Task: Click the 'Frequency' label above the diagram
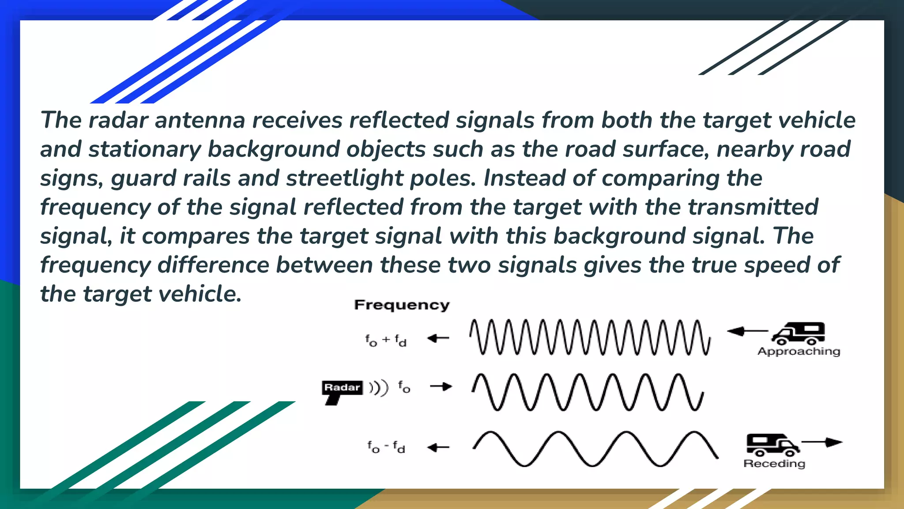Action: (x=402, y=305)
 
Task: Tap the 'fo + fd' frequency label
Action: (x=386, y=340)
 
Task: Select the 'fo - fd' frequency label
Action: (x=386, y=447)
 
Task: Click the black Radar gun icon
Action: (x=342, y=391)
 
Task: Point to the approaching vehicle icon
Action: (x=798, y=333)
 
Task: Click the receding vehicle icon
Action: (x=772, y=444)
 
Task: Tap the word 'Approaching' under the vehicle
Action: (x=799, y=352)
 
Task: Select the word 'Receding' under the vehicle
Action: (x=774, y=463)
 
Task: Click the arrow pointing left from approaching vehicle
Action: (x=747, y=331)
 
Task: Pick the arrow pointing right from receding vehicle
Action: (x=822, y=442)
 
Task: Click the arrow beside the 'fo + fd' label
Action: (x=438, y=338)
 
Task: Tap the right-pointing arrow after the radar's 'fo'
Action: (x=441, y=387)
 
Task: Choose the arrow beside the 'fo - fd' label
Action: (x=438, y=448)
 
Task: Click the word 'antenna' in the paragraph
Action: (x=200, y=120)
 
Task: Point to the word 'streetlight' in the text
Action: (x=344, y=178)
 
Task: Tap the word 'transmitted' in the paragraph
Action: (x=753, y=207)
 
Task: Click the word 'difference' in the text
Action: (x=213, y=265)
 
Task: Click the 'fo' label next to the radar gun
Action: (x=404, y=387)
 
